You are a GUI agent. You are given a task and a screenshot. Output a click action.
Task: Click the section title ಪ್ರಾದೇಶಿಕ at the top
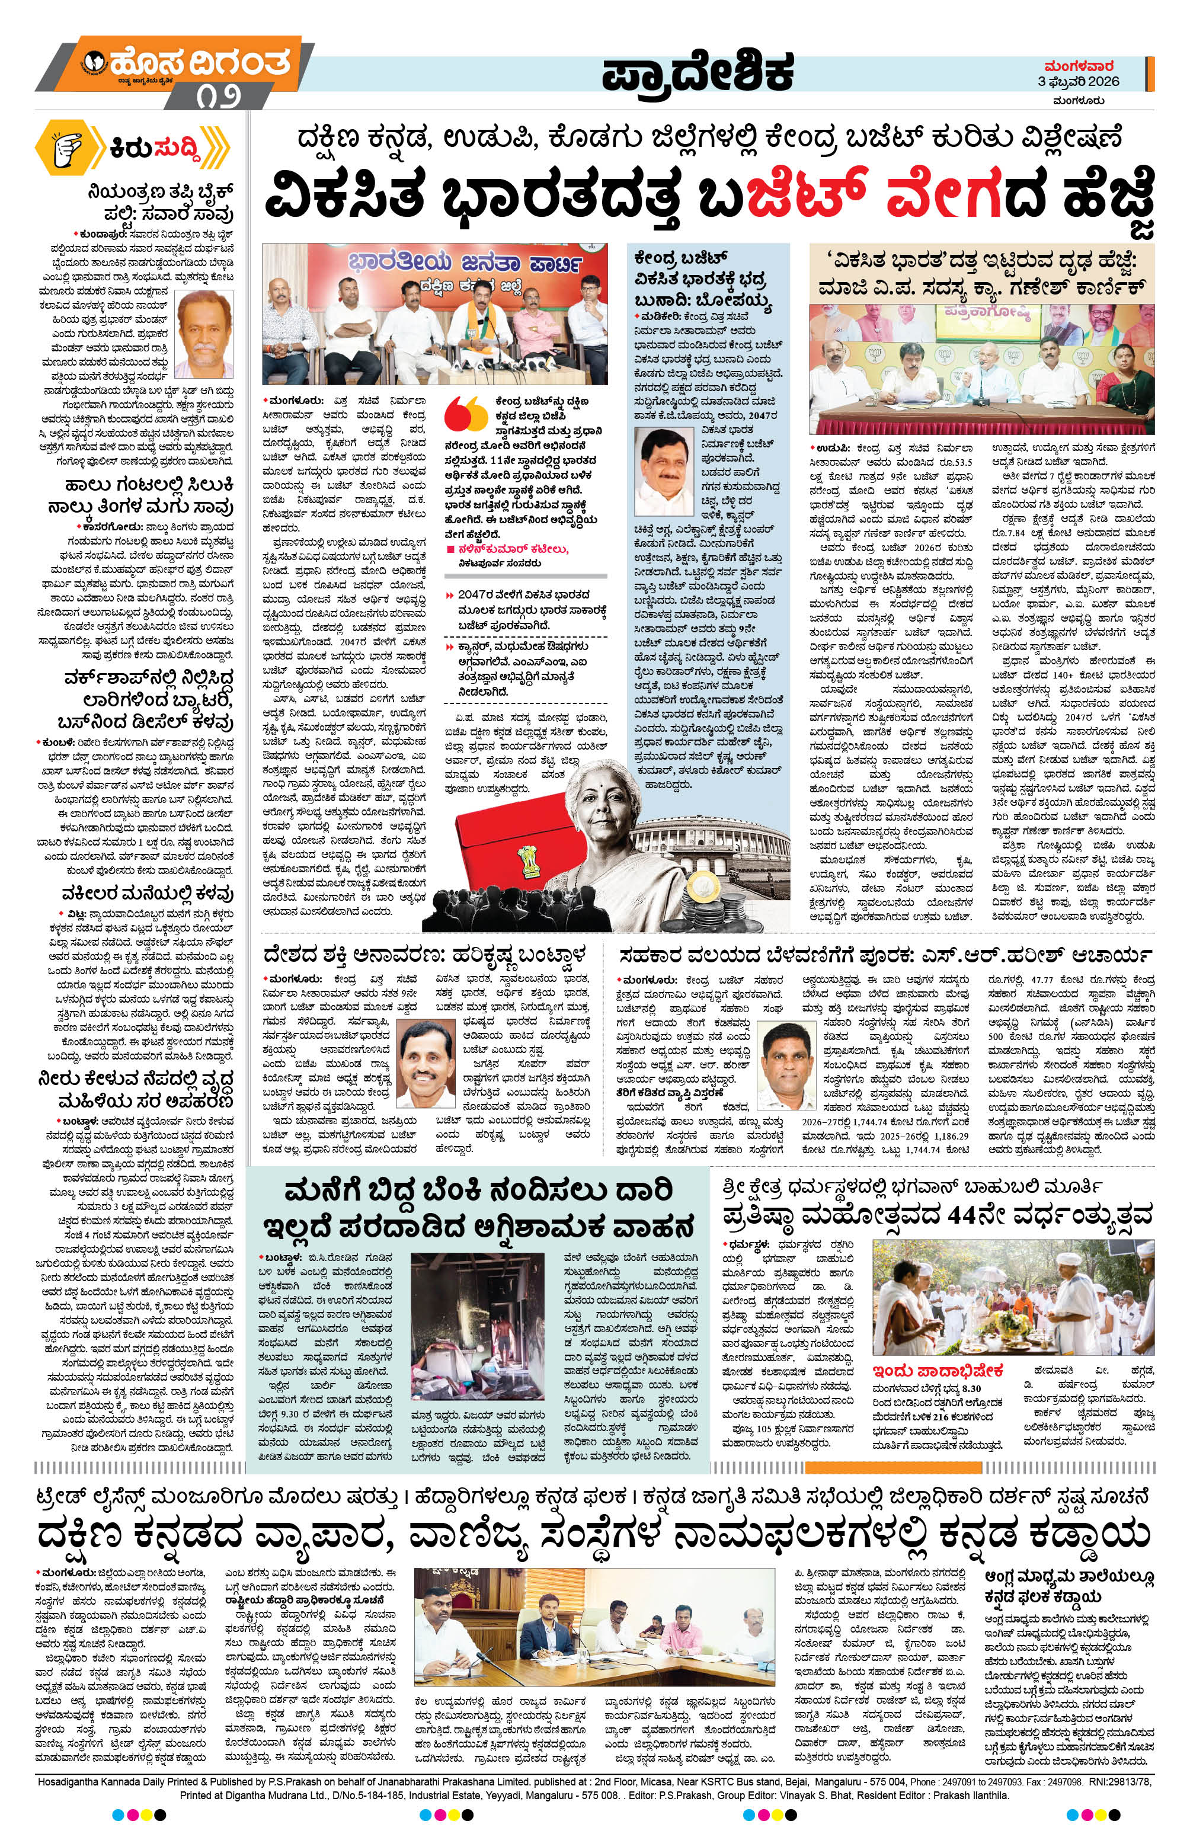pos(698,74)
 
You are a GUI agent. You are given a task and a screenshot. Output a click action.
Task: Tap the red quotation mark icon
pos(468,416)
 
